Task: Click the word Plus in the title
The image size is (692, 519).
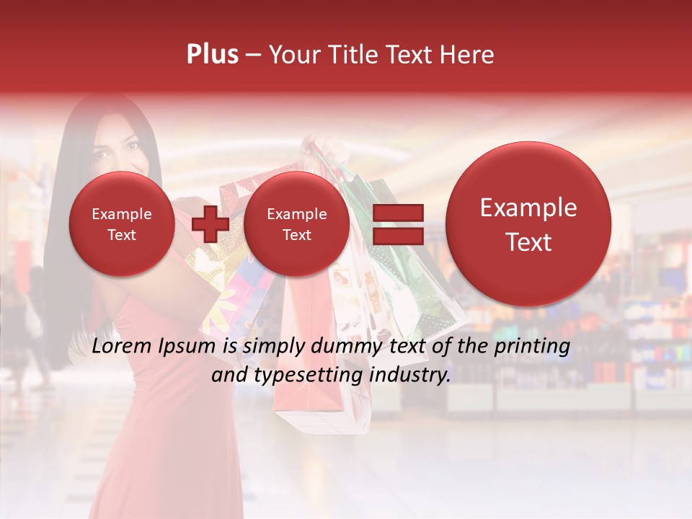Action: coord(212,55)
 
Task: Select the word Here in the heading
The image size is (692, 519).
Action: coord(468,55)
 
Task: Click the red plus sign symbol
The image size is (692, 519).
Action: coord(210,223)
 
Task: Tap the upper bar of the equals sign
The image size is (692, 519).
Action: coord(397,213)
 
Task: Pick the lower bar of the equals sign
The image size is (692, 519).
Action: coord(397,236)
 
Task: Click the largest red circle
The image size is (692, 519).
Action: coord(528,224)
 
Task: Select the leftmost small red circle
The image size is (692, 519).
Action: coord(121,224)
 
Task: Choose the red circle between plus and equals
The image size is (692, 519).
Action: coord(296,224)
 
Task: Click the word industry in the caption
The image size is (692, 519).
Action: coord(412,376)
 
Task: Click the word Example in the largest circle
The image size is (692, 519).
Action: coord(528,208)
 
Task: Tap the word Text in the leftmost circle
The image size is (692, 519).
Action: coord(121,235)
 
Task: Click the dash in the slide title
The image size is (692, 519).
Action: coord(253,56)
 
